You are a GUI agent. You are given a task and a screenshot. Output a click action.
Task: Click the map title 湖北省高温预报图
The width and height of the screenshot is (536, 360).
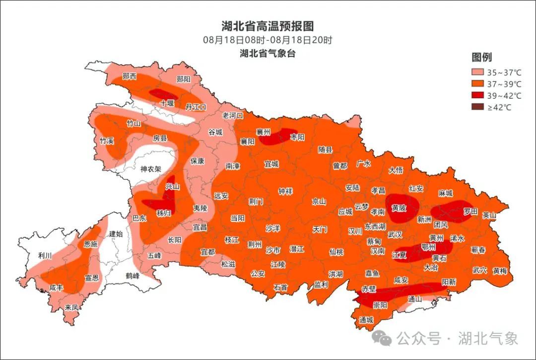click(268, 26)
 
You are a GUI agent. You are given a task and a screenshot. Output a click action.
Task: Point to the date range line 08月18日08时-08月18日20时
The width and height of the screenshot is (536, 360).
click(268, 40)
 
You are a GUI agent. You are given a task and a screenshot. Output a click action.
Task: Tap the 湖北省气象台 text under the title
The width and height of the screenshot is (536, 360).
click(268, 54)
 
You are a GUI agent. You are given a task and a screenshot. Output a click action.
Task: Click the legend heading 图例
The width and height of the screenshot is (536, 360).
click(481, 57)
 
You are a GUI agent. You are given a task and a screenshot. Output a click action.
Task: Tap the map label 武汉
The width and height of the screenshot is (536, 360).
click(395, 235)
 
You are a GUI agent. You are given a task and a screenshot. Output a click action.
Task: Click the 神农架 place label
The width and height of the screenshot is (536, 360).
click(151, 169)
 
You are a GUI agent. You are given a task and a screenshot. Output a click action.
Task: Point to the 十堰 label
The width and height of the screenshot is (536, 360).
click(167, 103)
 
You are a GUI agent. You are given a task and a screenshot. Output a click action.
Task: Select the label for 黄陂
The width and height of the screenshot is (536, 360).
click(399, 208)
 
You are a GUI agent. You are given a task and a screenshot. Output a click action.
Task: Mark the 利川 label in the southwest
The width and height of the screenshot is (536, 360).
click(45, 255)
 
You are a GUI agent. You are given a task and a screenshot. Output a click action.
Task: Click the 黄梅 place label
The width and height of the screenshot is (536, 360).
click(500, 271)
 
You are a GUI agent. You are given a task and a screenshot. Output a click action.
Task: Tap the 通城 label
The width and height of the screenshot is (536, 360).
click(366, 320)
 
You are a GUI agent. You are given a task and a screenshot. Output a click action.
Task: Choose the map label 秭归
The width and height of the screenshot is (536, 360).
click(163, 213)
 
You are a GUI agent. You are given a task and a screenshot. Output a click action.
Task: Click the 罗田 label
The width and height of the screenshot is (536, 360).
click(470, 212)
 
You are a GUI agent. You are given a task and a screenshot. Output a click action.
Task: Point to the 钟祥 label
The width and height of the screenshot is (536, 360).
click(285, 191)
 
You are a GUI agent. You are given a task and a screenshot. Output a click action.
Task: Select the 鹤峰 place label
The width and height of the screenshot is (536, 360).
click(133, 276)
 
